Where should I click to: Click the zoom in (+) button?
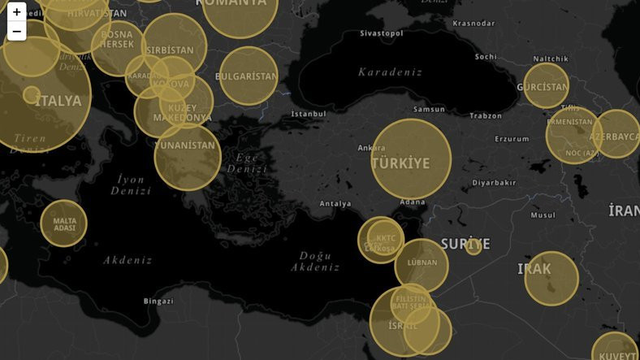[x=16, y=12]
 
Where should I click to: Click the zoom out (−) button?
[x=16, y=32]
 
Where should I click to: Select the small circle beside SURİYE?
[x=474, y=246]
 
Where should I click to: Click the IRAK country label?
[x=534, y=269]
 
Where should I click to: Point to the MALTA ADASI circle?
[x=64, y=223]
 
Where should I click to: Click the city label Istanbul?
[x=309, y=114]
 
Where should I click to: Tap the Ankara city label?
[x=371, y=148]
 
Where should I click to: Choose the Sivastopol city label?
[x=382, y=33]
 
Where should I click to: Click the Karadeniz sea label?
[x=390, y=72]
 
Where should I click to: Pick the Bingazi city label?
[x=158, y=301]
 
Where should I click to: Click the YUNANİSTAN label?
[x=188, y=146]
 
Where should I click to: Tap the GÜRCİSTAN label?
[x=543, y=87]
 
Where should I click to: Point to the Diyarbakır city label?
[x=494, y=183]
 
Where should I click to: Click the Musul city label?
[x=543, y=215]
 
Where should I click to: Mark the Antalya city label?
[x=335, y=203]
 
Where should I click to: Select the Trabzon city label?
[x=486, y=115]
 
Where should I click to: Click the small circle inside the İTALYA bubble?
[x=32, y=94]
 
